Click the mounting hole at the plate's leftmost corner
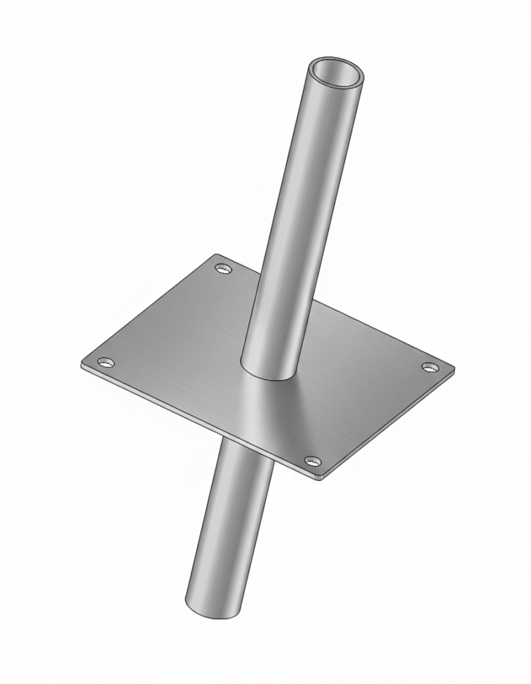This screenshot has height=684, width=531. (105, 362)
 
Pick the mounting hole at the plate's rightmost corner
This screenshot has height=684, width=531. (430, 367)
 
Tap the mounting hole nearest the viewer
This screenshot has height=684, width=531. (312, 461)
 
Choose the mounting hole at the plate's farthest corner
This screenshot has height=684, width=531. (223, 269)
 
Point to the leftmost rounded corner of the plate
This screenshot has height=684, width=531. (83, 363)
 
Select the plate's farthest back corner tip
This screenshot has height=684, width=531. (215, 255)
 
